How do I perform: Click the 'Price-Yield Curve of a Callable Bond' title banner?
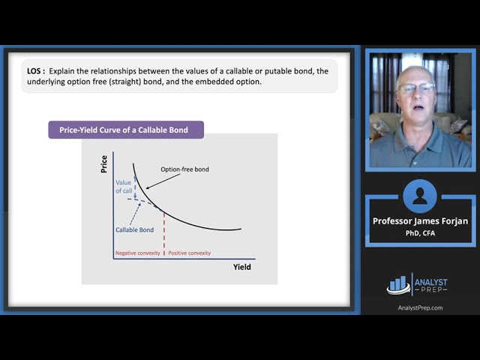pos(126,130)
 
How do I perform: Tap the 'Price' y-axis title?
pos(104,164)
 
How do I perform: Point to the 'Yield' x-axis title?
pos(242,267)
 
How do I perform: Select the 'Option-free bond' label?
pos(184,169)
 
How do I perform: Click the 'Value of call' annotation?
pos(124,187)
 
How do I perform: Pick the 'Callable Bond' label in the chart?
pos(135,229)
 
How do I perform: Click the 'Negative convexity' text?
pos(137,253)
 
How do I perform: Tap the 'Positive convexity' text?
pos(189,253)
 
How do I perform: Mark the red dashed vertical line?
pos(163,232)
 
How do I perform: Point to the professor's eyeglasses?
pos(416,88)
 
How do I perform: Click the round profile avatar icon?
pos(419,196)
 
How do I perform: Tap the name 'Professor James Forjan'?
pos(419,221)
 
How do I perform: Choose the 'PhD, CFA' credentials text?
pos(419,232)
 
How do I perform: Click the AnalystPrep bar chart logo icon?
pos(398,284)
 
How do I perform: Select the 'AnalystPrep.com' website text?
pos(419,307)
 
